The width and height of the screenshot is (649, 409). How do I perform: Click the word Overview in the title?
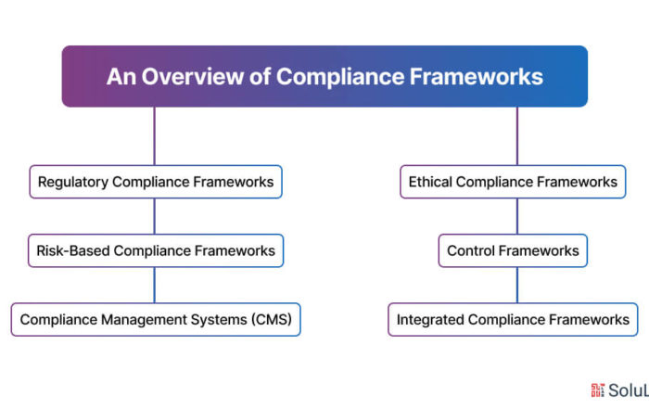[x=193, y=77]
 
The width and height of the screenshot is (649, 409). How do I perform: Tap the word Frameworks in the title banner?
[x=476, y=77]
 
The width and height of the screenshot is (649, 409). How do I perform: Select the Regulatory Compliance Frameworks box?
[x=156, y=182]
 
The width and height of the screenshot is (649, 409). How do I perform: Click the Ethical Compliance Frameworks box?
[x=513, y=182]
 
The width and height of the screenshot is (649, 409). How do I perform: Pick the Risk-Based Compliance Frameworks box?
[x=156, y=250]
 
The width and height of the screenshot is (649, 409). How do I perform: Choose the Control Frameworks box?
[x=513, y=250]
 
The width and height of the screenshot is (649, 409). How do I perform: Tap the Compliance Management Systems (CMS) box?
[x=156, y=320]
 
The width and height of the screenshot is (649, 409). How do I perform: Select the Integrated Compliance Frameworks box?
[x=513, y=320]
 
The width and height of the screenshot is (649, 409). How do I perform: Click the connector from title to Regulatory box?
[x=155, y=136]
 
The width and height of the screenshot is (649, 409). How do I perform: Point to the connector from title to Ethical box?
[x=517, y=136]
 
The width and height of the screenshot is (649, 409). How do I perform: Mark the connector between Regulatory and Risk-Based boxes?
[x=155, y=216]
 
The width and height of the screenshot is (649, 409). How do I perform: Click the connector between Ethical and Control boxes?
[x=517, y=216]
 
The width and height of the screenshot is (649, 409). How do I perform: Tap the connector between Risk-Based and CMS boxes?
[x=155, y=286]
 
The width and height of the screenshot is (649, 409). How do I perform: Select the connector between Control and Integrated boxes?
[x=517, y=286]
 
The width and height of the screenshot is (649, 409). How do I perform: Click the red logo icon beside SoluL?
[x=598, y=390]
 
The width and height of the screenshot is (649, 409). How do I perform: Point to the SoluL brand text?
[x=629, y=390]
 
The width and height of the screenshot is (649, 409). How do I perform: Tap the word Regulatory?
[x=73, y=182]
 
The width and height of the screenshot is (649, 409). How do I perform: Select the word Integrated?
[x=430, y=320]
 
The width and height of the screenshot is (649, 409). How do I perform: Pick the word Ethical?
[x=430, y=182]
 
